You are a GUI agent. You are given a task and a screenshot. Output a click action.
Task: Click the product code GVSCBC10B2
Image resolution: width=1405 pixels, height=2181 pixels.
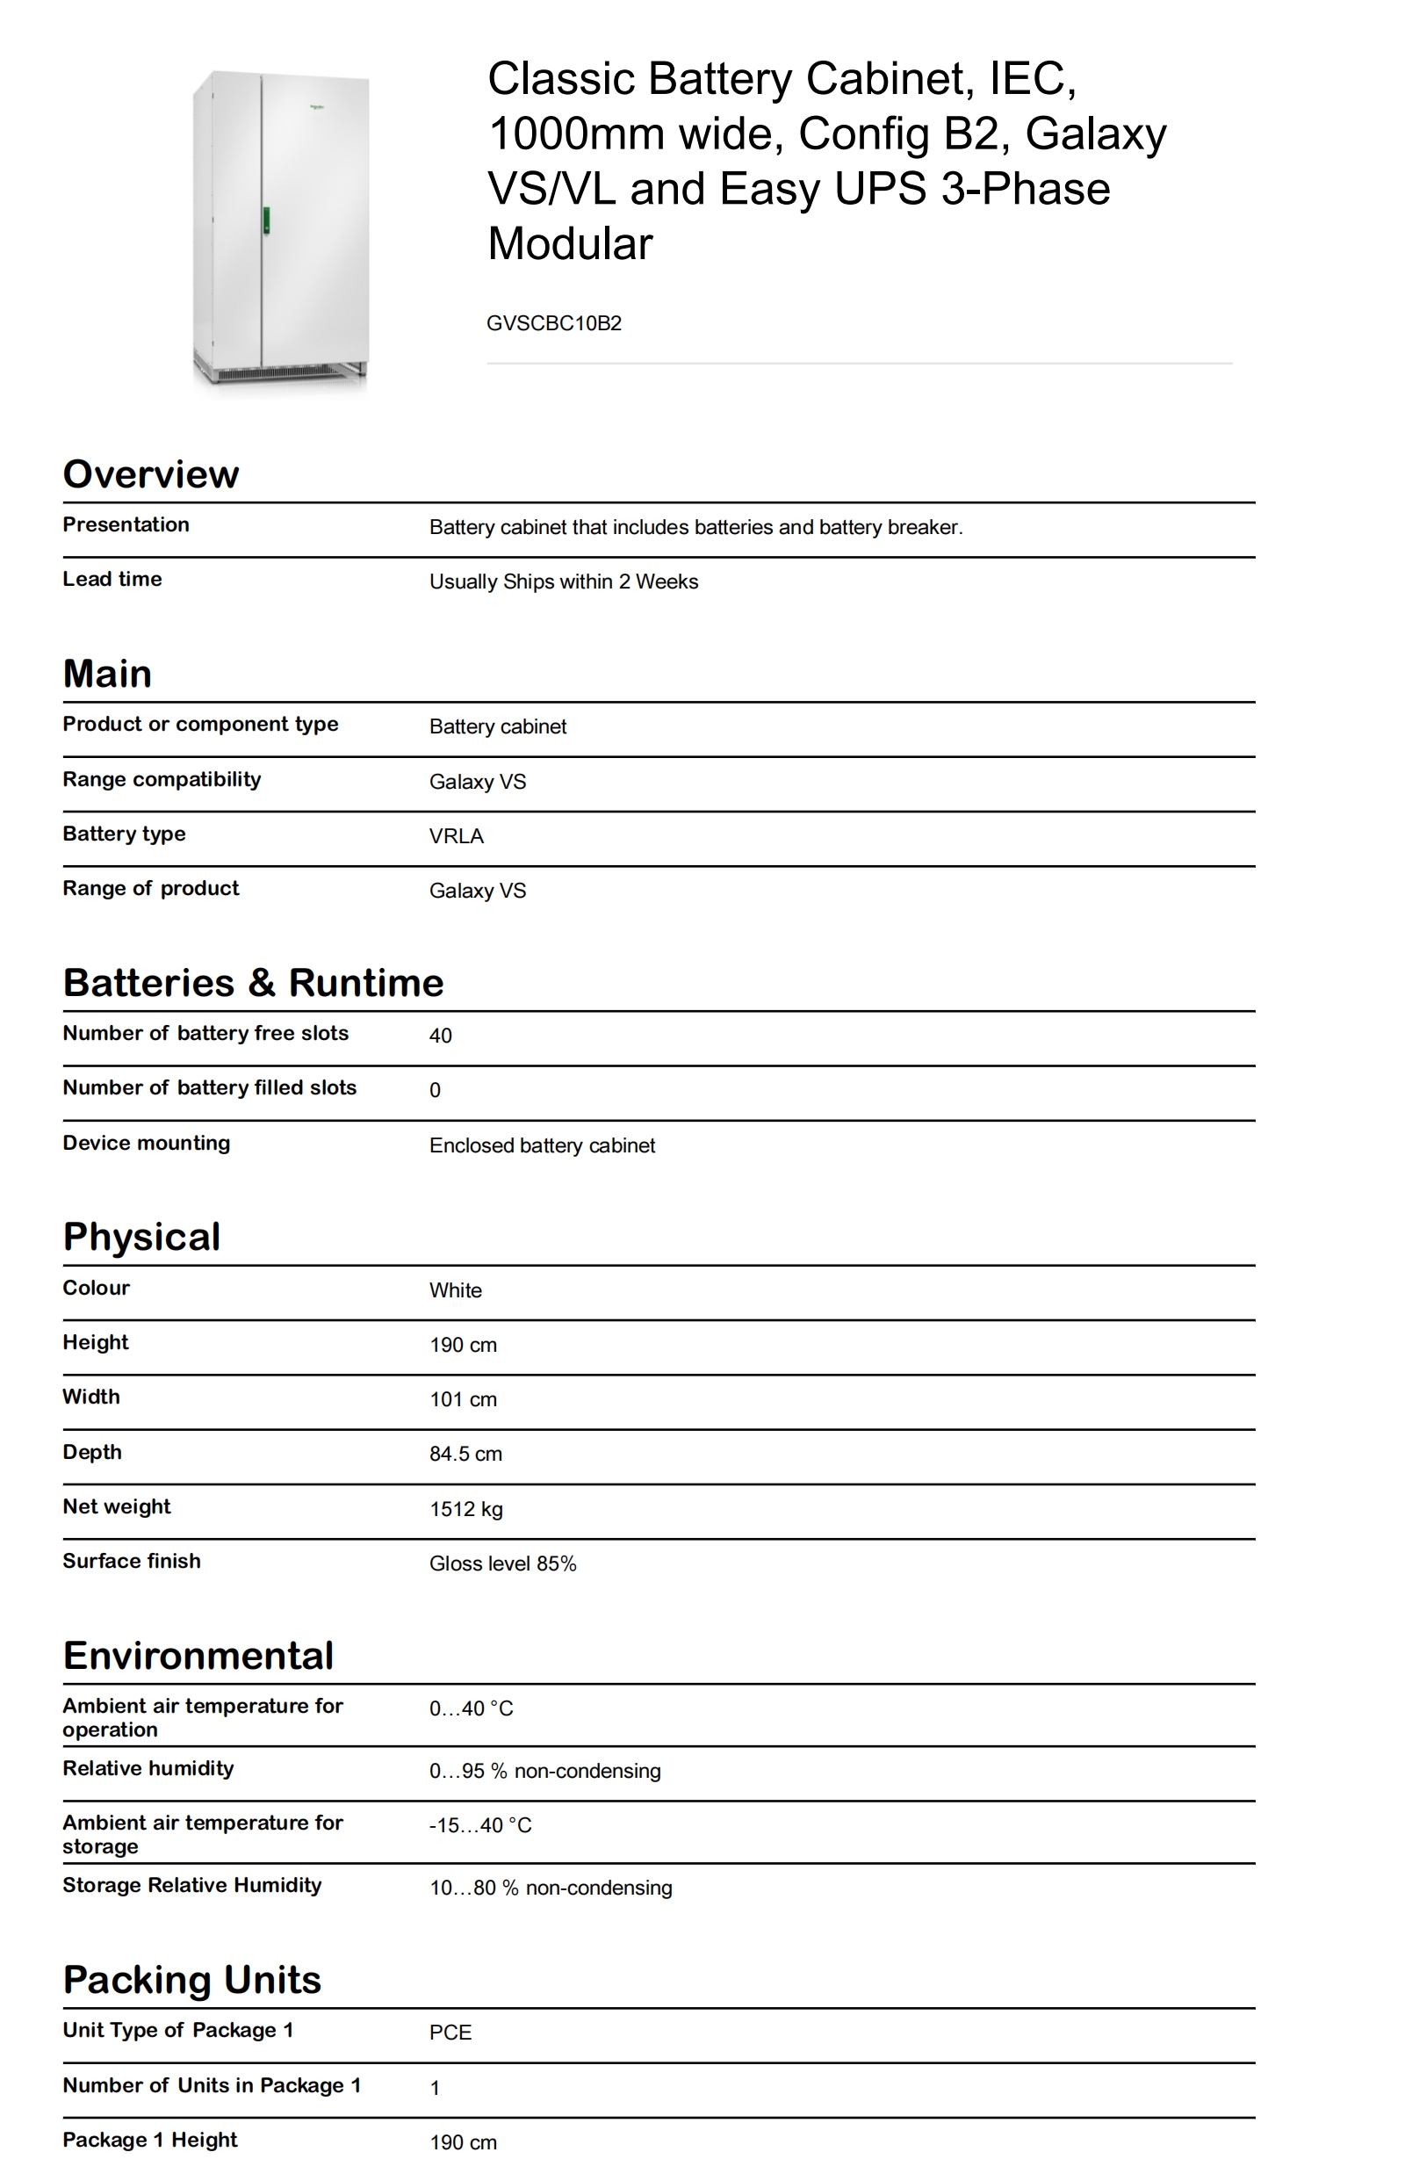(554, 323)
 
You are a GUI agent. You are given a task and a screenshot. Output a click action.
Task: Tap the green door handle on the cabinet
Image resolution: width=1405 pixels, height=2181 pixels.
(266, 220)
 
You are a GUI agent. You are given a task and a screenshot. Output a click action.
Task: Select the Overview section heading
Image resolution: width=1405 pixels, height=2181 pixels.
(150, 474)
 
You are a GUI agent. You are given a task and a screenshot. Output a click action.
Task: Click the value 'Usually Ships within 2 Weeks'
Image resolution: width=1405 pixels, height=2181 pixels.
(563, 582)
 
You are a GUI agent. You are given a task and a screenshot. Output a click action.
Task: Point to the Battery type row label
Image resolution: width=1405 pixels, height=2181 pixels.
(124, 834)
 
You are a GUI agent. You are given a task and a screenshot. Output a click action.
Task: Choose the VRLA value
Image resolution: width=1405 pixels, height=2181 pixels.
(456, 837)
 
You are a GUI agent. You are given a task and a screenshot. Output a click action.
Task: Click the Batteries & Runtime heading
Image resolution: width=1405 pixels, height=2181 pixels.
(253, 983)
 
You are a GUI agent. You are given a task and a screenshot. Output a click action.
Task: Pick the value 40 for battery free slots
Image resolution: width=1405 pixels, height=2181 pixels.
(441, 1036)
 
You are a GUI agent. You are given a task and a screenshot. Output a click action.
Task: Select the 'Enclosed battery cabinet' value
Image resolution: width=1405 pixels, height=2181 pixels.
(542, 1146)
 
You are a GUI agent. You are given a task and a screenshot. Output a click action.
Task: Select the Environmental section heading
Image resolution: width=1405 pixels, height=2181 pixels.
(198, 1657)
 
